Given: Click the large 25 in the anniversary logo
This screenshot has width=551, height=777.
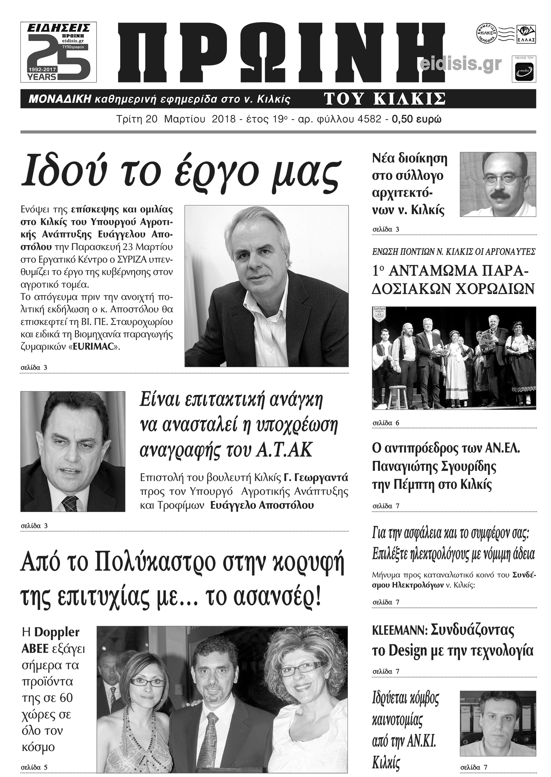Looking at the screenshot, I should pos(59,57).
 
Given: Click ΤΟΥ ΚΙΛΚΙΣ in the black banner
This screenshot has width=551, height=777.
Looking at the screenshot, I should pos(385,99).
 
